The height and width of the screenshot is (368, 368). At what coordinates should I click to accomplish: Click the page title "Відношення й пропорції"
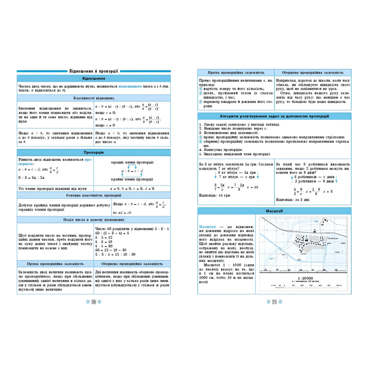click(93, 71)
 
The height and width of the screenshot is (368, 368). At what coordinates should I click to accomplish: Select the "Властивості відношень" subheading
click(93, 98)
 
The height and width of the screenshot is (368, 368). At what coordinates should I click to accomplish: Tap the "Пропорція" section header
click(93, 152)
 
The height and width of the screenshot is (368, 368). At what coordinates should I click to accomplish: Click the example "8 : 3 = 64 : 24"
click(31, 177)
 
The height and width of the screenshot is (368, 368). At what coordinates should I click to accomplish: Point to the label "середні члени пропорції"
click(132, 162)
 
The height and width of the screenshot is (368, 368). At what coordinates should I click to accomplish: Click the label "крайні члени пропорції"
click(132, 179)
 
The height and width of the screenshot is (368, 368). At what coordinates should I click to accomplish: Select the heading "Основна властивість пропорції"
click(93, 195)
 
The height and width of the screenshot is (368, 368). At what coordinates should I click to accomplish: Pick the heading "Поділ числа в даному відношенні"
click(93, 220)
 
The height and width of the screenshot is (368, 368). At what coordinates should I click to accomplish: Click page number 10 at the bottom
click(93, 302)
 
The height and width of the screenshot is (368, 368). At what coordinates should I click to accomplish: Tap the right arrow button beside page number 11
click(280, 302)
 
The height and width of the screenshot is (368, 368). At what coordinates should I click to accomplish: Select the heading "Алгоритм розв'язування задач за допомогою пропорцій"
click(274, 116)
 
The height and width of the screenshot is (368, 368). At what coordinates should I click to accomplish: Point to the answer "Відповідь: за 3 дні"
click(293, 200)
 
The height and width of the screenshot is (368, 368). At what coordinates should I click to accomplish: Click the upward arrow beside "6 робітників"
click(291, 179)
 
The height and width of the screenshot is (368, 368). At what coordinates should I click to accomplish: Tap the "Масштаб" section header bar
click(274, 211)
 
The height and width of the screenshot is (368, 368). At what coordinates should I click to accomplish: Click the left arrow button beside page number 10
click(88, 302)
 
